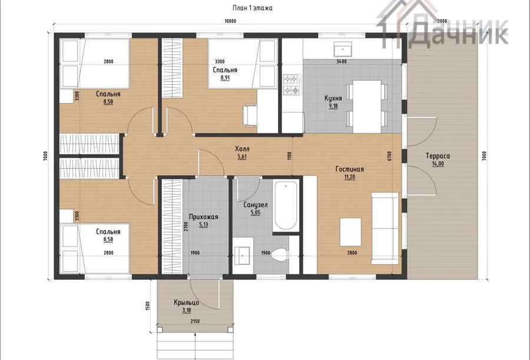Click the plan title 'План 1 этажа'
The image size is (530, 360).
pyautogui.click(x=253, y=8)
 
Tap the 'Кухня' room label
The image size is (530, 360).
pyautogui.click(x=333, y=98)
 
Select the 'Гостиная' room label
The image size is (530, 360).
pyautogui.click(x=349, y=169)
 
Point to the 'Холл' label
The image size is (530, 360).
pyautogui.click(x=242, y=149)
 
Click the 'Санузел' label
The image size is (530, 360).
pyautogui.click(x=256, y=204)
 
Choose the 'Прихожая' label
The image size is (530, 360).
pyautogui.click(x=204, y=217)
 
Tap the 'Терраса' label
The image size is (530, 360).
pyautogui.click(x=438, y=156)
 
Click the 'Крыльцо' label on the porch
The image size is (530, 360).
pyautogui.click(x=186, y=302)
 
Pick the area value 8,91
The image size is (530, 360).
pyautogui.click(x=225, y=78)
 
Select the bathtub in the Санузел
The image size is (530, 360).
pyautogui.click(x=286, y=206)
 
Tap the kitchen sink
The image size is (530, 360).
pyautogui.click(x=342, y=49)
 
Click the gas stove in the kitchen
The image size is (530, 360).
pyautogui.click(x=291, y=85)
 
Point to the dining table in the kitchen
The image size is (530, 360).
pyautogui.click(x=367, y=106)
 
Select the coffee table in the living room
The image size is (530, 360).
pyautogui.click(x=350, y=232)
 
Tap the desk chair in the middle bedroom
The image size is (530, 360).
pyautogui.click(x=250, y=115)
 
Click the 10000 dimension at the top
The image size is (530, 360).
pyautogui.click(x=230, y=21)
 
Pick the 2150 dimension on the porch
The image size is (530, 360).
pyautogui.click(x=195, y=321)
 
